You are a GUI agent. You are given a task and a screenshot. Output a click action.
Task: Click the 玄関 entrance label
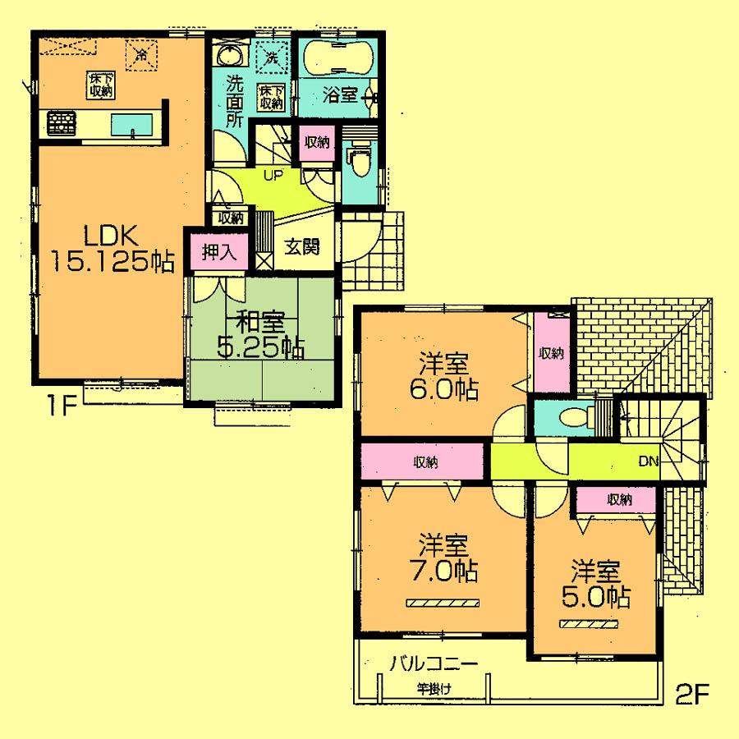coord(302,246)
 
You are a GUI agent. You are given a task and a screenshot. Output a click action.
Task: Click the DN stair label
coord(649,461)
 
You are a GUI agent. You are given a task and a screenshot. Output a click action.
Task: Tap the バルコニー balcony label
coord(433,663)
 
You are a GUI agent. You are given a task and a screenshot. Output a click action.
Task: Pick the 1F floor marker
coord(56,405)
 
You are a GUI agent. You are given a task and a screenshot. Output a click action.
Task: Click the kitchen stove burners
coord(62,124)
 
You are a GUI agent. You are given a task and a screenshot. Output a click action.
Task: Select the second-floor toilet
coord(570,417)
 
